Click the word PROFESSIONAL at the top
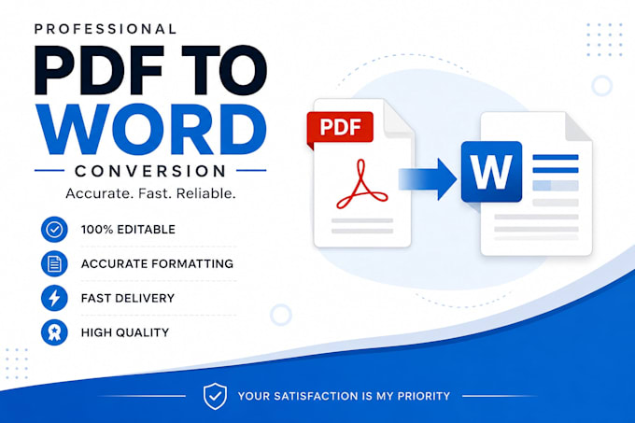(106, 29)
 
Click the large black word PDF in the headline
(100, 71)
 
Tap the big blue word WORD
(151, 129)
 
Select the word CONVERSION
(150, 171)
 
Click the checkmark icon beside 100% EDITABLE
(54, 230)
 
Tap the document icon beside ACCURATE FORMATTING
(54, 264)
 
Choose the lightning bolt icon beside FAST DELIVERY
(54, 298)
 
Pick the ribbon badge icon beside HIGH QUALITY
(54, 332)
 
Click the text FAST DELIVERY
(128, 298)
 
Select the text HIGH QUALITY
(125, 332)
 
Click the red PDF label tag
(340, 128)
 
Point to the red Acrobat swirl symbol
(361, 184)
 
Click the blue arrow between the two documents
(428, 179)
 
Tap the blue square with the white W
(491, 172)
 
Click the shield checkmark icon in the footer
(215, 396)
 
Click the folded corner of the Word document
(577, 128)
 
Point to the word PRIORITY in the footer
(424, 396)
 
